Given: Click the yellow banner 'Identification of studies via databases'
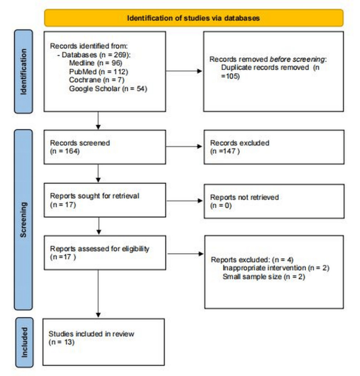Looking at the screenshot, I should point(194,18).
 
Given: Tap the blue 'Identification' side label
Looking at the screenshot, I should point(24,71).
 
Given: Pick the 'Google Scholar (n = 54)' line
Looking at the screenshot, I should point(108,88).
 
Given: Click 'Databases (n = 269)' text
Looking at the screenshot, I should point(97,54).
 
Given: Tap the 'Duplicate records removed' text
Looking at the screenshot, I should point(264,68).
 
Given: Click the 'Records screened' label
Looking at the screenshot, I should point(80,143).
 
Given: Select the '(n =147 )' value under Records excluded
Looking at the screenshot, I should point(225,151).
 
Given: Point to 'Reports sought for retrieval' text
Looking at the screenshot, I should point(94,196).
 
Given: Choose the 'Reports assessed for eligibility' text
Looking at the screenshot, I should point(100,249).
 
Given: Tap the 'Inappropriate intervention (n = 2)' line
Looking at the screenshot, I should point(276,268).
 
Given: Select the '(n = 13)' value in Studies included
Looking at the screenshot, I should point(61,342).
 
